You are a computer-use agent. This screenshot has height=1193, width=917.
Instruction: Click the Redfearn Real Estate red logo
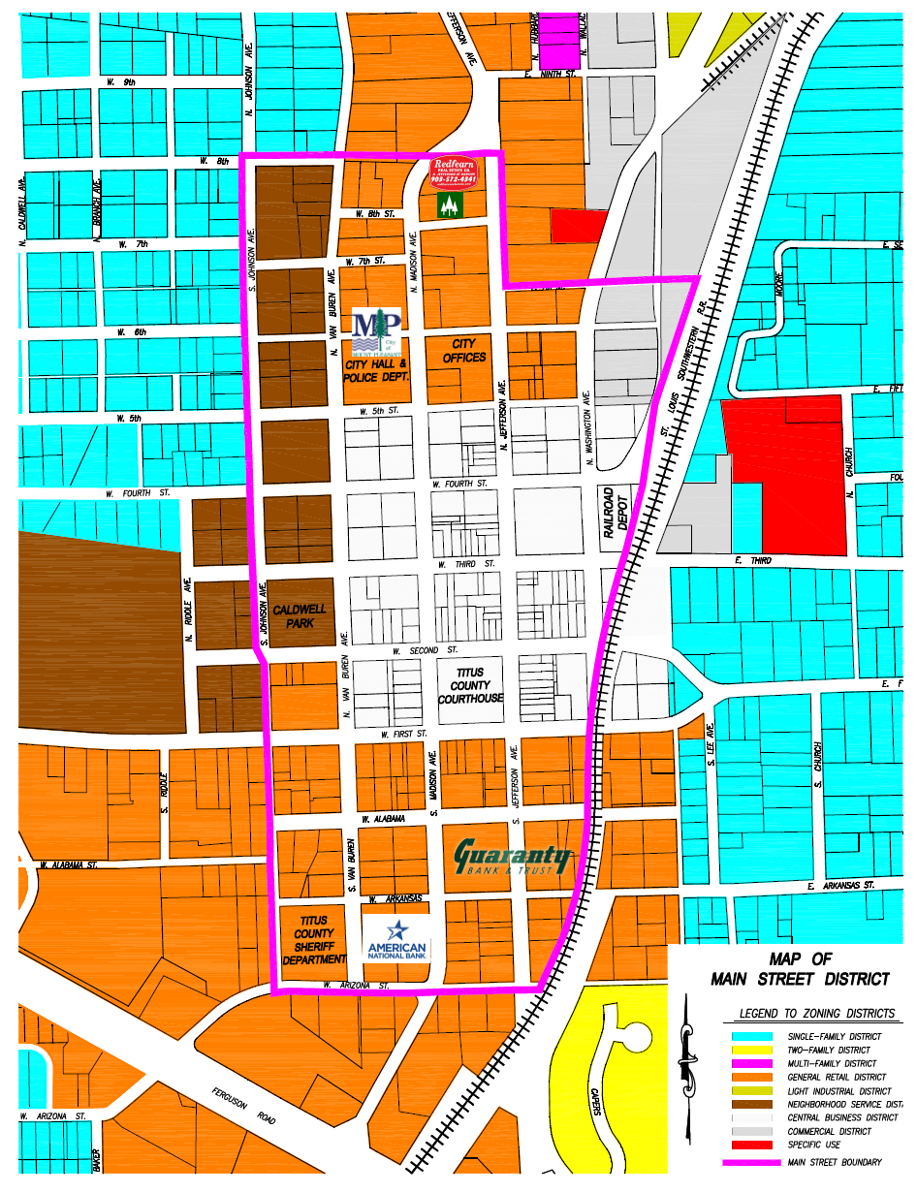[x=455, y=171]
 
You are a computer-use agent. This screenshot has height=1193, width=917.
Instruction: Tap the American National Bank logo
[x=395, y=939]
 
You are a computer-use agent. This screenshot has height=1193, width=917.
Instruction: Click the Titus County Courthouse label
[x=470, y=685]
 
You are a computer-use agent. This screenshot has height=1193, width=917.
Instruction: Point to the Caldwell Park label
[x=300, y=616]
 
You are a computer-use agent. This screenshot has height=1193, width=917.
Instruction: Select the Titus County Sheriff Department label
[x=313, y=940]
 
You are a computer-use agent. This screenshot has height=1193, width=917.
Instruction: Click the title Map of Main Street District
[x=800, y=969]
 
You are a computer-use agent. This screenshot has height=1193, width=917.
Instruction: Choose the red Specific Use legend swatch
[x=752, y=1145]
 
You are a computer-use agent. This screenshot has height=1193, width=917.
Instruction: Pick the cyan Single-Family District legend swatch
[x=752, y=1036]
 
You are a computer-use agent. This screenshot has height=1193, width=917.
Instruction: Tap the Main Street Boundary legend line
[x=752, y=1162]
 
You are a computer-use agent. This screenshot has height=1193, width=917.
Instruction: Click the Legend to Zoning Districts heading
[x=817, y=1014]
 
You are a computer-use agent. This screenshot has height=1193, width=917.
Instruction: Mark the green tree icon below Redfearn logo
[x=448, y=204]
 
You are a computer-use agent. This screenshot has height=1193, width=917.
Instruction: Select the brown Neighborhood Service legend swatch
[x=752, y=1104]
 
